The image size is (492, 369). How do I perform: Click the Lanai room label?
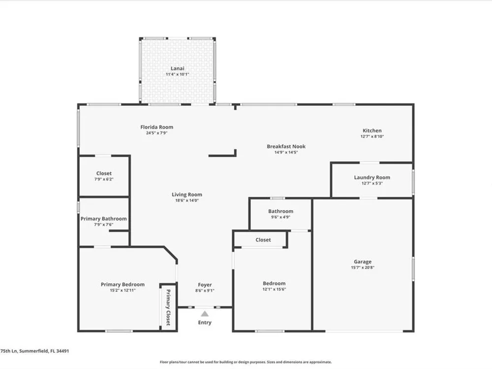click(x=177, y=68)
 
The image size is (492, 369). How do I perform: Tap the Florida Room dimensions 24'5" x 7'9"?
click(x=156, y=133)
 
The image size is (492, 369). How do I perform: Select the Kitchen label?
click(x=372, y=130)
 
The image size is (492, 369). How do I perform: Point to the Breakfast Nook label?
click(x=286, y=146)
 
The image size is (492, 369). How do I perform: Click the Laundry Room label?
click(x=372, y=177)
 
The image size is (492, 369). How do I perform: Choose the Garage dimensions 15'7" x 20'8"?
click(x=363, y=268)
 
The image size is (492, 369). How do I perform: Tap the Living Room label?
click(x=186, y=194)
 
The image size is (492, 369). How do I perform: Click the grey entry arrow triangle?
click(x=205, y=314)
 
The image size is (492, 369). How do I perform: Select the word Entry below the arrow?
click(x=205, y=323)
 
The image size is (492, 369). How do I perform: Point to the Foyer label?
click(x=205, y=285)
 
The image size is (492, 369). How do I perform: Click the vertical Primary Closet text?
click(x=168, y=307)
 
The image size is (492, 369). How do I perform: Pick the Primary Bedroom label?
click(x=123, y=284)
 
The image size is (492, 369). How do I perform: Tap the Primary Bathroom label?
click(x=103, y=219)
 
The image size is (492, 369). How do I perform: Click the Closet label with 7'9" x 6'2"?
click(x=104, y=173)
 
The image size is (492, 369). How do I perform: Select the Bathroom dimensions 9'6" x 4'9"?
click(x=280, y=217)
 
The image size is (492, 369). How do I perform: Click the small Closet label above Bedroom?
click(x=263, y=240)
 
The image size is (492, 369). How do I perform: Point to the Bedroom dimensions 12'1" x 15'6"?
click(x=274, y=289)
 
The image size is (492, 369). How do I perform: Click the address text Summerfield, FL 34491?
click(x=44, y=351)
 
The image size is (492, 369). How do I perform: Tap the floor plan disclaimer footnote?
click(x=246, y=362)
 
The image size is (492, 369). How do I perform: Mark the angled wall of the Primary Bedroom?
click(x=171, y=253)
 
